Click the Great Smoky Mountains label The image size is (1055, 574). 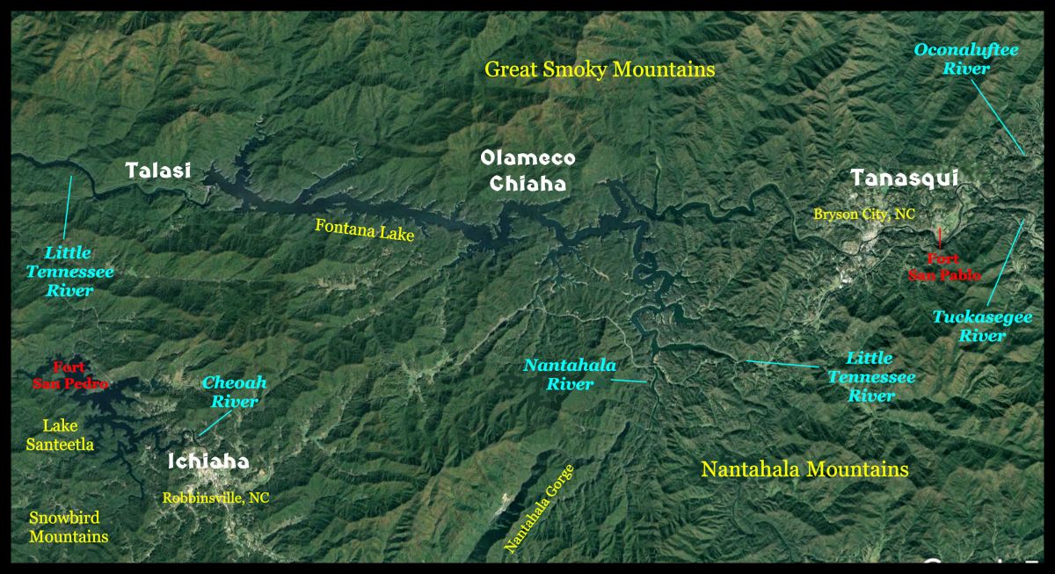pyautogui.click(x=600, y=69)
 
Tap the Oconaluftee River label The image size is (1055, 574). pyautogui.click(x=965, y=59)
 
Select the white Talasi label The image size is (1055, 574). pyautogui.click(x=158, y=171)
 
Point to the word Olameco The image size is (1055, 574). pyautogui.click(x=527, y=158)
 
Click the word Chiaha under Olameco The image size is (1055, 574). pyautogui.click(x=527, y=185)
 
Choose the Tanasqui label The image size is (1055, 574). pyautogui.click(x=904, y=178)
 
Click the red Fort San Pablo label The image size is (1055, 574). pyautogui.click(x=941, y=267)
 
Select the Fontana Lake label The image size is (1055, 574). pyautogui.click(x=364, y=230)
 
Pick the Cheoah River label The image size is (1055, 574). pyautogui.click(x=234, y=392)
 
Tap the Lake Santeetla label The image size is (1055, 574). pyautogui.click(x=60, y=435)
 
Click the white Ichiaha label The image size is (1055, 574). pyautogui.click(x=208, y=461)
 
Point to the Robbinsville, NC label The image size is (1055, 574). pyautogui.click(x=215, y=498)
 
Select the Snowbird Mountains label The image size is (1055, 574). pyautogui.click(x=69, y=527)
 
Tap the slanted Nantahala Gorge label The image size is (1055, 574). pyautogui.click(x=538, y=509)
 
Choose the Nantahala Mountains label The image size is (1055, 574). pyautogui.click(x=804, y=469)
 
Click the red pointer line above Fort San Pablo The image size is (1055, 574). pyautogui.click(x=940, y=236)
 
